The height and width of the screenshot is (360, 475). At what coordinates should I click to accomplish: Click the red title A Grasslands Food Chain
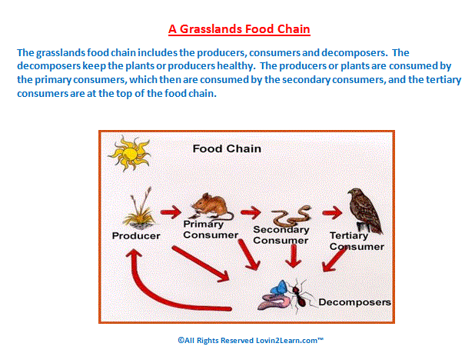pyautogui.click(x=239, y=29)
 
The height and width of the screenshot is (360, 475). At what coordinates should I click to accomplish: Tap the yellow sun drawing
pyautogui.click(x=130, y=154)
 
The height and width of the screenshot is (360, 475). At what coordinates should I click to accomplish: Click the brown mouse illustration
pyautogui.click(x=212, y=206)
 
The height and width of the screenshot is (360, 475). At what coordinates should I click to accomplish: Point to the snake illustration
pyautogui.click(x=291, y=215)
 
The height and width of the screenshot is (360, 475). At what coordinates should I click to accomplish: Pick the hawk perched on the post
pyautogui.click(x=365, y=211)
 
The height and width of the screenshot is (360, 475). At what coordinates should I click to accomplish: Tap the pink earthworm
pyautogui.click(x=274, y=302)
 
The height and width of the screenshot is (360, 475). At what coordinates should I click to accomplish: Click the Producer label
pyautogui.click(x=136, y=235)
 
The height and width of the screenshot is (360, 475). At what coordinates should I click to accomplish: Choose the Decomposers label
pyautogui.click(x=355, y=302)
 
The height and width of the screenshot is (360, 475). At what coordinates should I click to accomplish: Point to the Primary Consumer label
pyautogui.click(x=211, y=229)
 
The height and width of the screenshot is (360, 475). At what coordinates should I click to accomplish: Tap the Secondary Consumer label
pyautogui.click(x=281, y=235)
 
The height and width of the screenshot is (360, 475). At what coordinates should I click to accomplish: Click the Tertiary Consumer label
pyautogui.click(x=357, y=241)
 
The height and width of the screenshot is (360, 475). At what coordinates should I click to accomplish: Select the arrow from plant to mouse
pyautogui.click(x=171, y=212)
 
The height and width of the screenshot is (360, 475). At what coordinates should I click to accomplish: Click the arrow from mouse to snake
pyautogui.click(x=251, y=212)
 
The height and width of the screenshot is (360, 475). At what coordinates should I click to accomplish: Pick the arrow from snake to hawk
pyautogui.click(x=332, y=213)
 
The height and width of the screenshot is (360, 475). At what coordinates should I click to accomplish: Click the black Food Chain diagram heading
pyautogui.click(x=227, y=148)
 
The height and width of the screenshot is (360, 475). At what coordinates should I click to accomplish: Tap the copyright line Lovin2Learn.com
pyautogui.click(x=251, y=340)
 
